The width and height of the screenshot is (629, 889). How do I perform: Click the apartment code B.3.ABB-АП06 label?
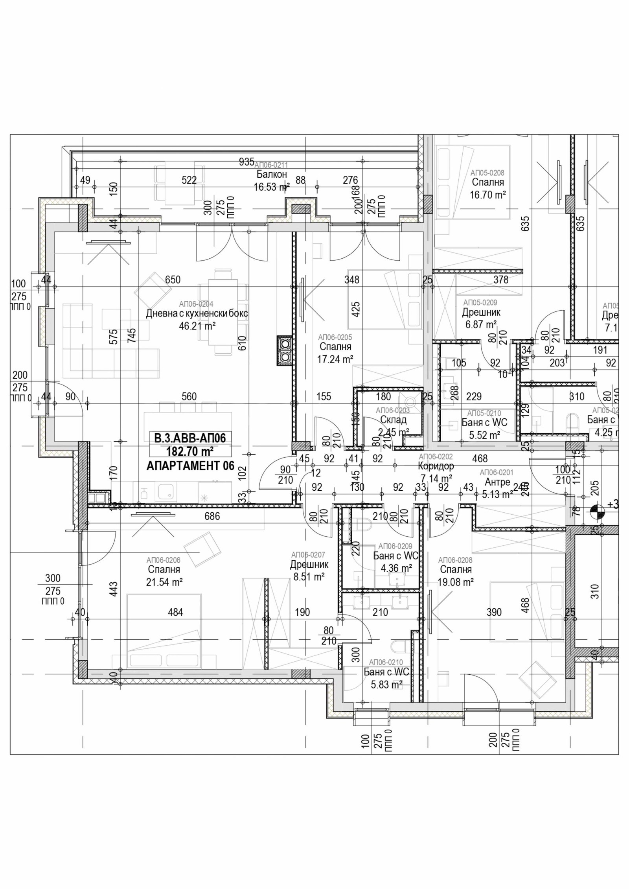coord(190,438)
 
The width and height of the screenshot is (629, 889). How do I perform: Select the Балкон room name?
coord(272,174)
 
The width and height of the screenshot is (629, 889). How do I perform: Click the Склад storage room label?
coord(393,420)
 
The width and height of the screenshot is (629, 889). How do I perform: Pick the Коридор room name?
coord(436,466)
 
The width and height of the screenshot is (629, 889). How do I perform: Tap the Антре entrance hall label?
coord(497,482)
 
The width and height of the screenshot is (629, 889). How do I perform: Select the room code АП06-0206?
coord(163,560)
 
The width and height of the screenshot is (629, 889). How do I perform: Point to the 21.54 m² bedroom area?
coord(164,582)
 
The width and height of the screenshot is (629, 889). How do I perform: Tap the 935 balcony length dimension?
coord(246,161)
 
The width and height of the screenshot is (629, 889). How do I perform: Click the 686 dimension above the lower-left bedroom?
coord(212,516)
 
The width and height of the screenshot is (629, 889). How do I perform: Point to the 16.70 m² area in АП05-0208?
coord(487,195)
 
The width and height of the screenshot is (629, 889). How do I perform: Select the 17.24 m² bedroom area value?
coord(335,359)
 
